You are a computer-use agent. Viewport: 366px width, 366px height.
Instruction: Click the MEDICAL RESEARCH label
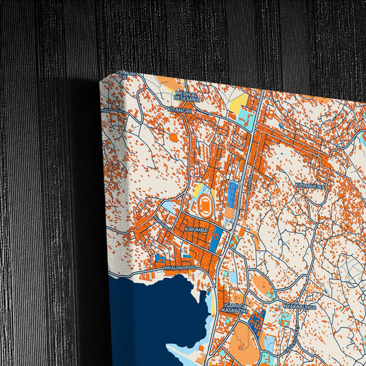pos(187,96)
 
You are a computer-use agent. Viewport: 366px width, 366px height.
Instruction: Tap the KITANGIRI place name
pos(180,108)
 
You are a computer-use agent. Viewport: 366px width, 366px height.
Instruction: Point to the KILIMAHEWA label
pos(309,185)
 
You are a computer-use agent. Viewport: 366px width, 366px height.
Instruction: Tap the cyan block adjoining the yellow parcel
pos(244,119)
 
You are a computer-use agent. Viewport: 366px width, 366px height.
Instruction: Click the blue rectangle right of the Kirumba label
pos(214,240)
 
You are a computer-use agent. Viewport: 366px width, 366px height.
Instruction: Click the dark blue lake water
pos(165,316)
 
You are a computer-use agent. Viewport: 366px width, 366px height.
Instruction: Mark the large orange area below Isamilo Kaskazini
pos(244,340)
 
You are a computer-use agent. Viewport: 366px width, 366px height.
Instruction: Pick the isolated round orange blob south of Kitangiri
pos(173,137)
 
